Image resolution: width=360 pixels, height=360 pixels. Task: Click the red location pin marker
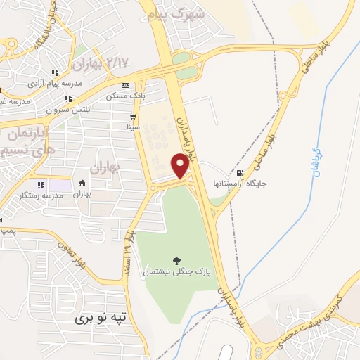181,166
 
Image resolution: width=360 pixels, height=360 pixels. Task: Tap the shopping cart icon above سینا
132,117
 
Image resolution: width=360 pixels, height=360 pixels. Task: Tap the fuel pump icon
242,172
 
